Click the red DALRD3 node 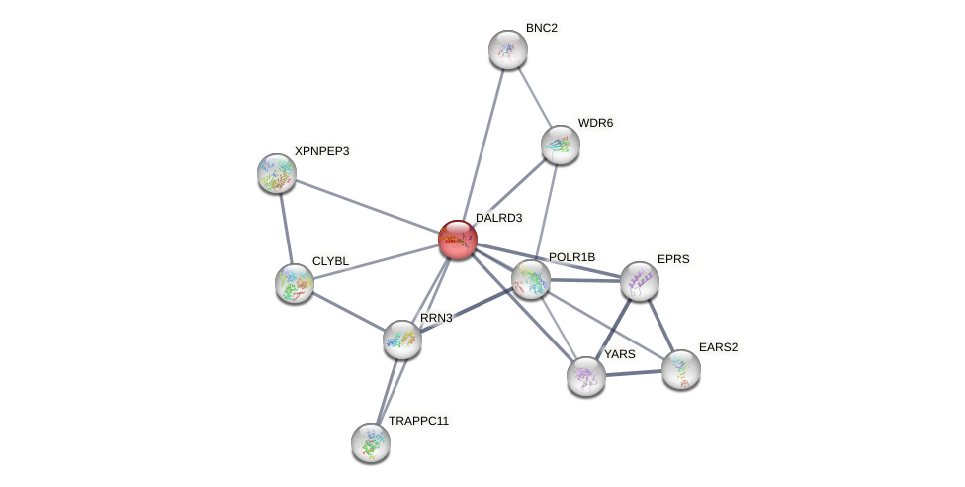tap(457, 240)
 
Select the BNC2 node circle tap(508, 49)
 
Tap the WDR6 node tap(561, 145)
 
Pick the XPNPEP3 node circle tap(277, 173)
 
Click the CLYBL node tap(295, 283)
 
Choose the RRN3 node tap(402, 340)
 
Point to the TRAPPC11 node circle tap(371, 441)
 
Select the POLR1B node tap(531, 279)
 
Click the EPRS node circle tap(640, 281)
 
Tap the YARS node tap(586, 376)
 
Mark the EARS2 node tap(681, 369)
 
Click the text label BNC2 tap(541, 28)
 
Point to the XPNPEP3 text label tap(321, 151)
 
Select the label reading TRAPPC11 tap(418, 421)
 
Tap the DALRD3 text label tap(497, 218)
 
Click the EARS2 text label tap(718, 347)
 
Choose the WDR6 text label tap(595, 123)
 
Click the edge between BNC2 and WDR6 tap(535, 97)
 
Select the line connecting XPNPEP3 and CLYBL tap(286, 229)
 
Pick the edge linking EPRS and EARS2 tap(660, 326)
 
